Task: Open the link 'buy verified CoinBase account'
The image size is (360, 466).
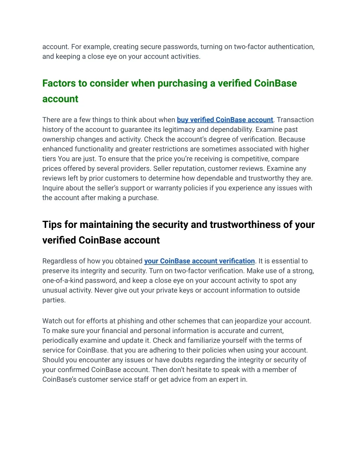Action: click(x=225, y=120)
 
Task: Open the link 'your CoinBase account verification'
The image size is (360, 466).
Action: click(x=199, y=261)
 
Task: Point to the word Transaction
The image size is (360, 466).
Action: click(x=295, y=120)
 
